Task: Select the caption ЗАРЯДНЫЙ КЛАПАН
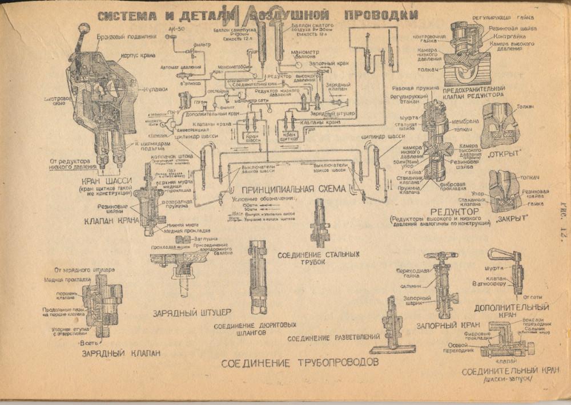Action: (120, 353)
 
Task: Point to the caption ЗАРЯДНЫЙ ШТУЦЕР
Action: (191, 313)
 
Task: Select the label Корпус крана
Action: (135, 57)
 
